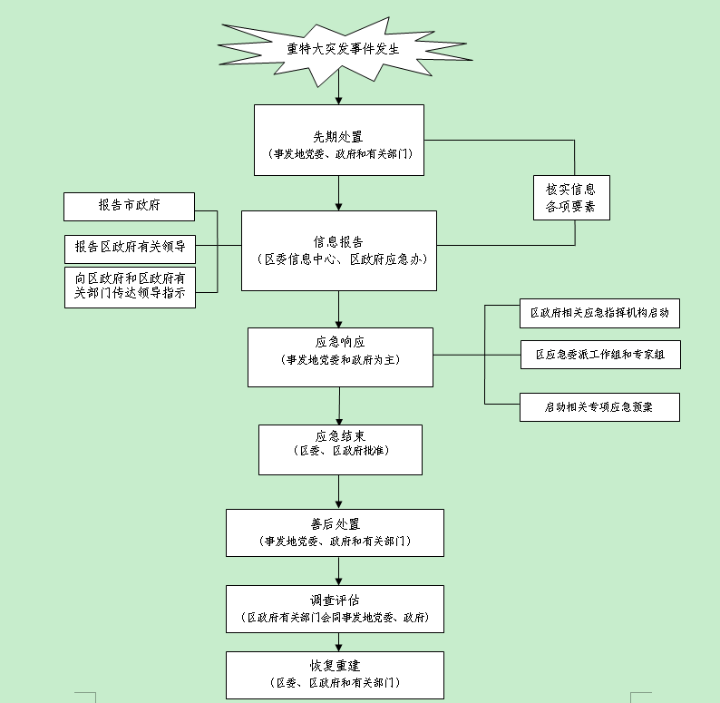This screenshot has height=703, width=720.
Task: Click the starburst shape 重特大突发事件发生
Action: point(337,49)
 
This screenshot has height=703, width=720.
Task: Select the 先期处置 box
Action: point(338,140)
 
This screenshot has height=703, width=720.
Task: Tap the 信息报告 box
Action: point(338,250)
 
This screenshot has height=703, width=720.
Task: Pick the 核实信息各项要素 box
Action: point(570,198)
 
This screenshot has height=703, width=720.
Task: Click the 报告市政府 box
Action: point(129,207)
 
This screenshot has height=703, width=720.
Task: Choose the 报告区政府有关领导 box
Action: point(130,248)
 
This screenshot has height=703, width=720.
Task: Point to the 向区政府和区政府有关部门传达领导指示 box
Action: point(130,287)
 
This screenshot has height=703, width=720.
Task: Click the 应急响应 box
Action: point(340,356)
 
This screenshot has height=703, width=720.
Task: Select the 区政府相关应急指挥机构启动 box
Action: point(599,313)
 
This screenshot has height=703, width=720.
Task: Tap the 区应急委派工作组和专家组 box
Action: point(599,355)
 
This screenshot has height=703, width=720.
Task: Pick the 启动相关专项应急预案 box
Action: point(599,407)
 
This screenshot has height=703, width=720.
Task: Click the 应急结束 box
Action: point(340,449)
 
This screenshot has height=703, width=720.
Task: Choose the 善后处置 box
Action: point(335,532)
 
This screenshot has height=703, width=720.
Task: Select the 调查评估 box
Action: point(335,609)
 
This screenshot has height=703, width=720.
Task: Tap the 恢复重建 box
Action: point(335,674)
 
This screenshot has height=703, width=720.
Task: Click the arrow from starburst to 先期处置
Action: point(338,88)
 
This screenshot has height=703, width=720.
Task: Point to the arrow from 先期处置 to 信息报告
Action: point(338,193)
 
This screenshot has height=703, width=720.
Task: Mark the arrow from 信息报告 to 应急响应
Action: point(338,309)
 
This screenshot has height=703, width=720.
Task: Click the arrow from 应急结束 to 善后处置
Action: point(338,492)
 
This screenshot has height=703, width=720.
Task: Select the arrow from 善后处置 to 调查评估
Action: point(338,571)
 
